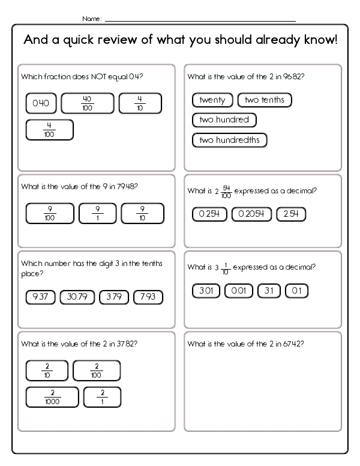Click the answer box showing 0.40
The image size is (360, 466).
tap(41, 104)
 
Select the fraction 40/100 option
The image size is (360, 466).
tap(87, 103)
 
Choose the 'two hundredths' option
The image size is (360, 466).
tap(229, 140)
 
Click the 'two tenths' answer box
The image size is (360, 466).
tap(265, 100)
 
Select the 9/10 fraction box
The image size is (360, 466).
tap(142, 213)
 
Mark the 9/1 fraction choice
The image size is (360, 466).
tap(97, 213)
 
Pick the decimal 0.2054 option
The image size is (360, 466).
tap(251, 214)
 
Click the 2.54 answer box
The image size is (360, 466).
tap(291, 214)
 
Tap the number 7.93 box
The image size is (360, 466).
tap(148, 297)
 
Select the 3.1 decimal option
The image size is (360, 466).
tap(268, 291)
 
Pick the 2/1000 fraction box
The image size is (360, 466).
tap(52, 397)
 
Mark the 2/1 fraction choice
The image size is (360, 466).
tap(102, 397)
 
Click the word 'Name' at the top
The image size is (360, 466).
tap(91, 19)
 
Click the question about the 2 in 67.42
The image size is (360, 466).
tap(246, 344)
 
